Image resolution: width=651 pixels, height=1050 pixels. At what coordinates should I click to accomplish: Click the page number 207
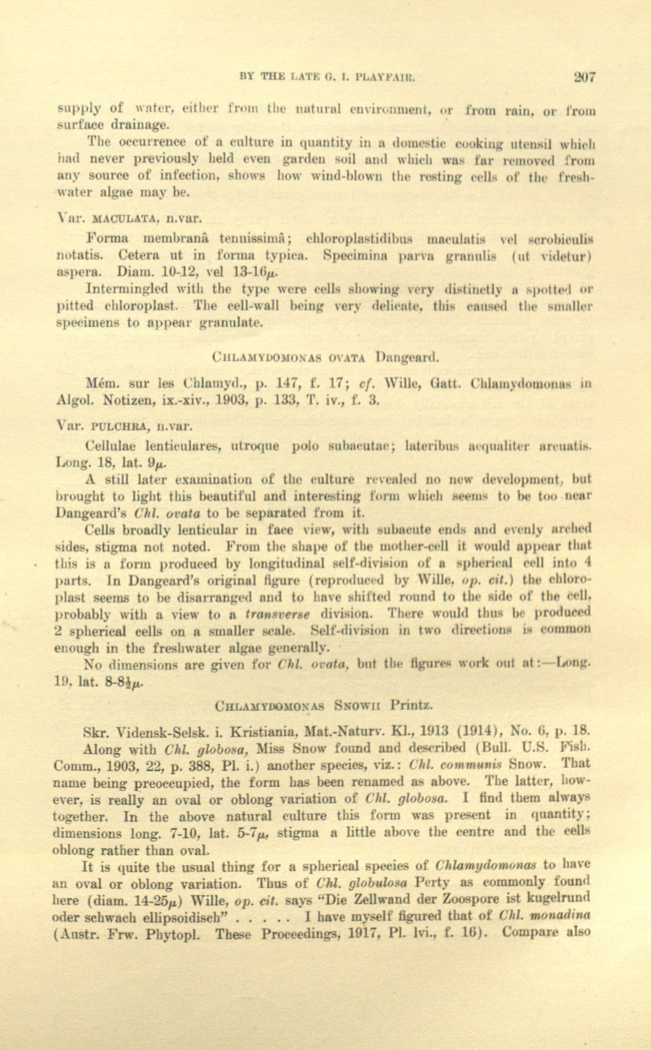pos(584,77)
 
